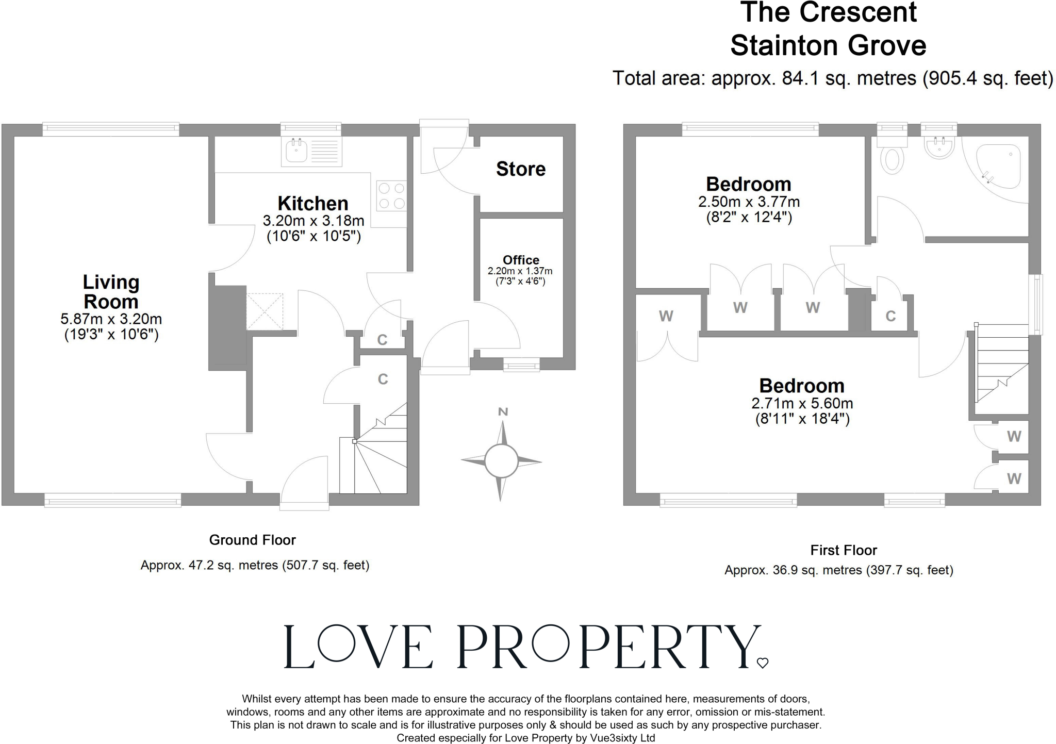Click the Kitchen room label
(x=313, y=203)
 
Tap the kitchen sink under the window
(x=311, y=152)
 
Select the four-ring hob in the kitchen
(x=391, y=196)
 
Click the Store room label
(x=521, y=169)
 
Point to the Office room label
(x=521, y=260)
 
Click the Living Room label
(x=111, y=292)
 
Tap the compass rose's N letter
(x=503, y=411)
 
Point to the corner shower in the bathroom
(x=998, y=168)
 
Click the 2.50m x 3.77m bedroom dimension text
(x=749, y=202)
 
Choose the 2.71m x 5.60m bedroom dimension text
(x=802, y=403)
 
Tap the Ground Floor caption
(x=252, y=540)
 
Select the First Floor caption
(x=844, y=550)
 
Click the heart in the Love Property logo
(x=763, y=663)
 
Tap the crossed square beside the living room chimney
(x=265, y=311)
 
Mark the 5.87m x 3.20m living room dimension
(x=111, y=319)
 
